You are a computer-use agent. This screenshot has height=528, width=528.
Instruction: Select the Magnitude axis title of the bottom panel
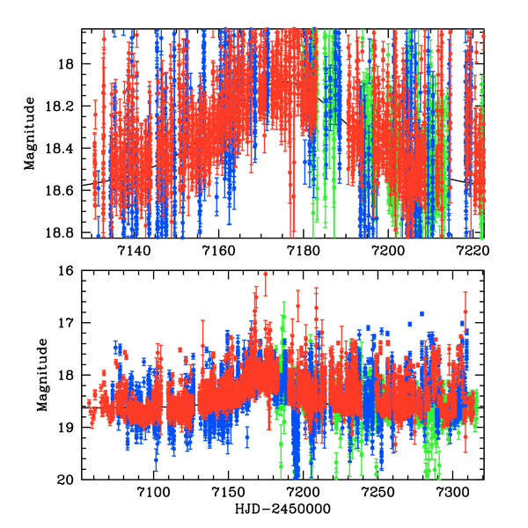coord(40,375)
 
